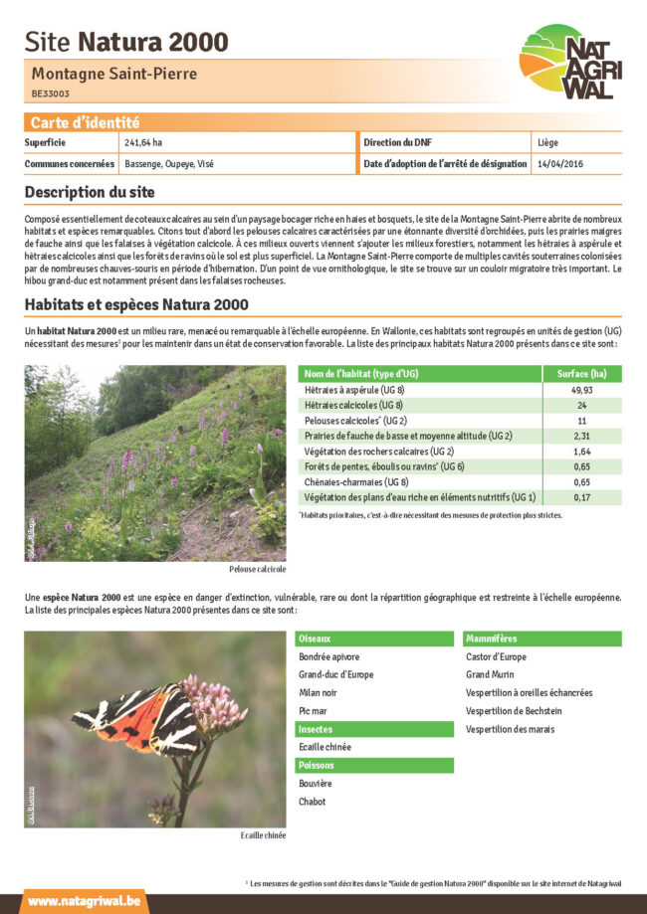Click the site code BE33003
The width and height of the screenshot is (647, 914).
coord(51,93)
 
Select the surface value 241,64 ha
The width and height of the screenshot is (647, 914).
coord(143,143)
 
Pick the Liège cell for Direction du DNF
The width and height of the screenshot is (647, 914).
coord(547,143)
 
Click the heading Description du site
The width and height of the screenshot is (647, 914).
coord(90,192)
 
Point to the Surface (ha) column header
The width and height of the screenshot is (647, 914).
coord(582,374)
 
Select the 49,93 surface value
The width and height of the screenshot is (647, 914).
coord(582,390)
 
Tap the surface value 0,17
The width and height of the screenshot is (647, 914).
coord(582,497)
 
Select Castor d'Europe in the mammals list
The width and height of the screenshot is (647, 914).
coord(497,656)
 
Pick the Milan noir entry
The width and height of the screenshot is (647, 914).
coord(318,693)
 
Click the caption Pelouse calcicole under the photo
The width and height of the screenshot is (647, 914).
coord(257,569)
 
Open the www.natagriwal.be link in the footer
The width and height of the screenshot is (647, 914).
coord(84,901)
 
